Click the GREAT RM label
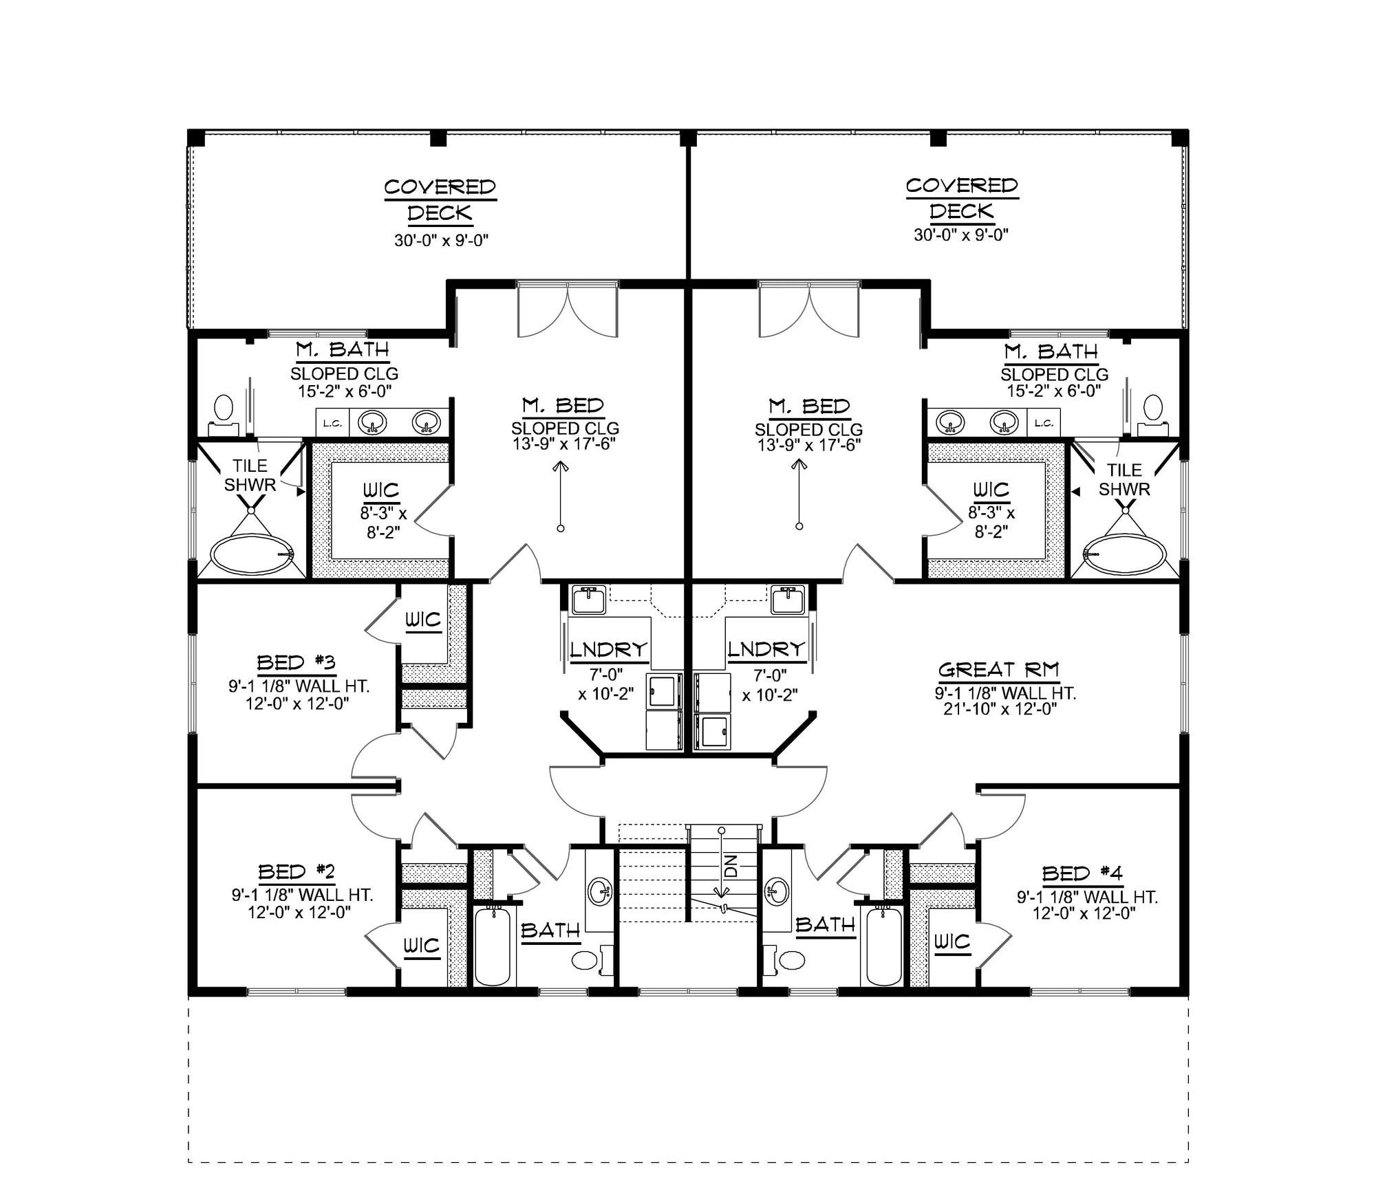[x=998, y=670]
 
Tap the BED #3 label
[x=296, y=663]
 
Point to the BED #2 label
[x=297, y=872]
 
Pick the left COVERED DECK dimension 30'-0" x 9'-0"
[x=441, y=241]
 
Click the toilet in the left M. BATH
[x=223, y=411]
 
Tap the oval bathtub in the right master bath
[x=1125, y=554]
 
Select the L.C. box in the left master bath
[x=332, y=423]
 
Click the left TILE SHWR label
[x=250, y=475]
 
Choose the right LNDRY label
[x=766, y=649]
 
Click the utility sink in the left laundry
[x=588, y=600]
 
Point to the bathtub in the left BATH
[x=493, y=946]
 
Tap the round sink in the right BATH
[x=779, y=891]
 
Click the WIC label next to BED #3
[x=422, y=620]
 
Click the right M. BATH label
[x=1051, y=352]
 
